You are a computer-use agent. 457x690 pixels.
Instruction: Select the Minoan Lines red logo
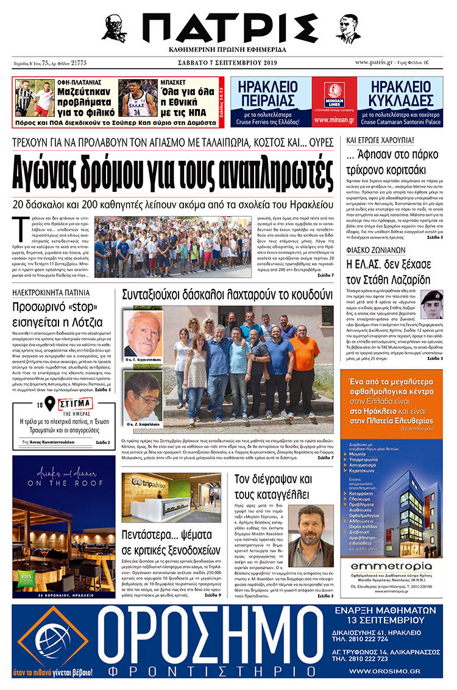click(x=334, y=94)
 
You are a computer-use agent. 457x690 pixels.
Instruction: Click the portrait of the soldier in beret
click(x=432, y=305)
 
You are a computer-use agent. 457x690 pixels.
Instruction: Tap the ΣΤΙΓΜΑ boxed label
click(x=76, y=404)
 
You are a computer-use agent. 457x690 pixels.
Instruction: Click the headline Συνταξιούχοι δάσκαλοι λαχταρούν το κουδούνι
click(x=227, y=295)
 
